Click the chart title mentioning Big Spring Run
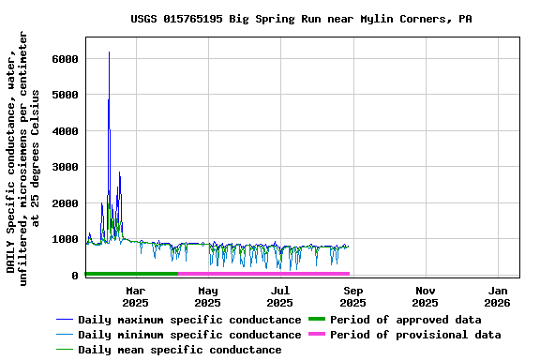tap(301, 19)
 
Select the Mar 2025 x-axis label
tap(135, 296)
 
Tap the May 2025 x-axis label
tap(207, 296)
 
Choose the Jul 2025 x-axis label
tap(279, 296)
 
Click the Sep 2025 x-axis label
tap(352, 296)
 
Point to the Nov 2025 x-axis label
tap(425, 296)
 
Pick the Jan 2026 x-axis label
tap(497, 296)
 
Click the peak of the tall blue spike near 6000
tap(109, 52)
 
